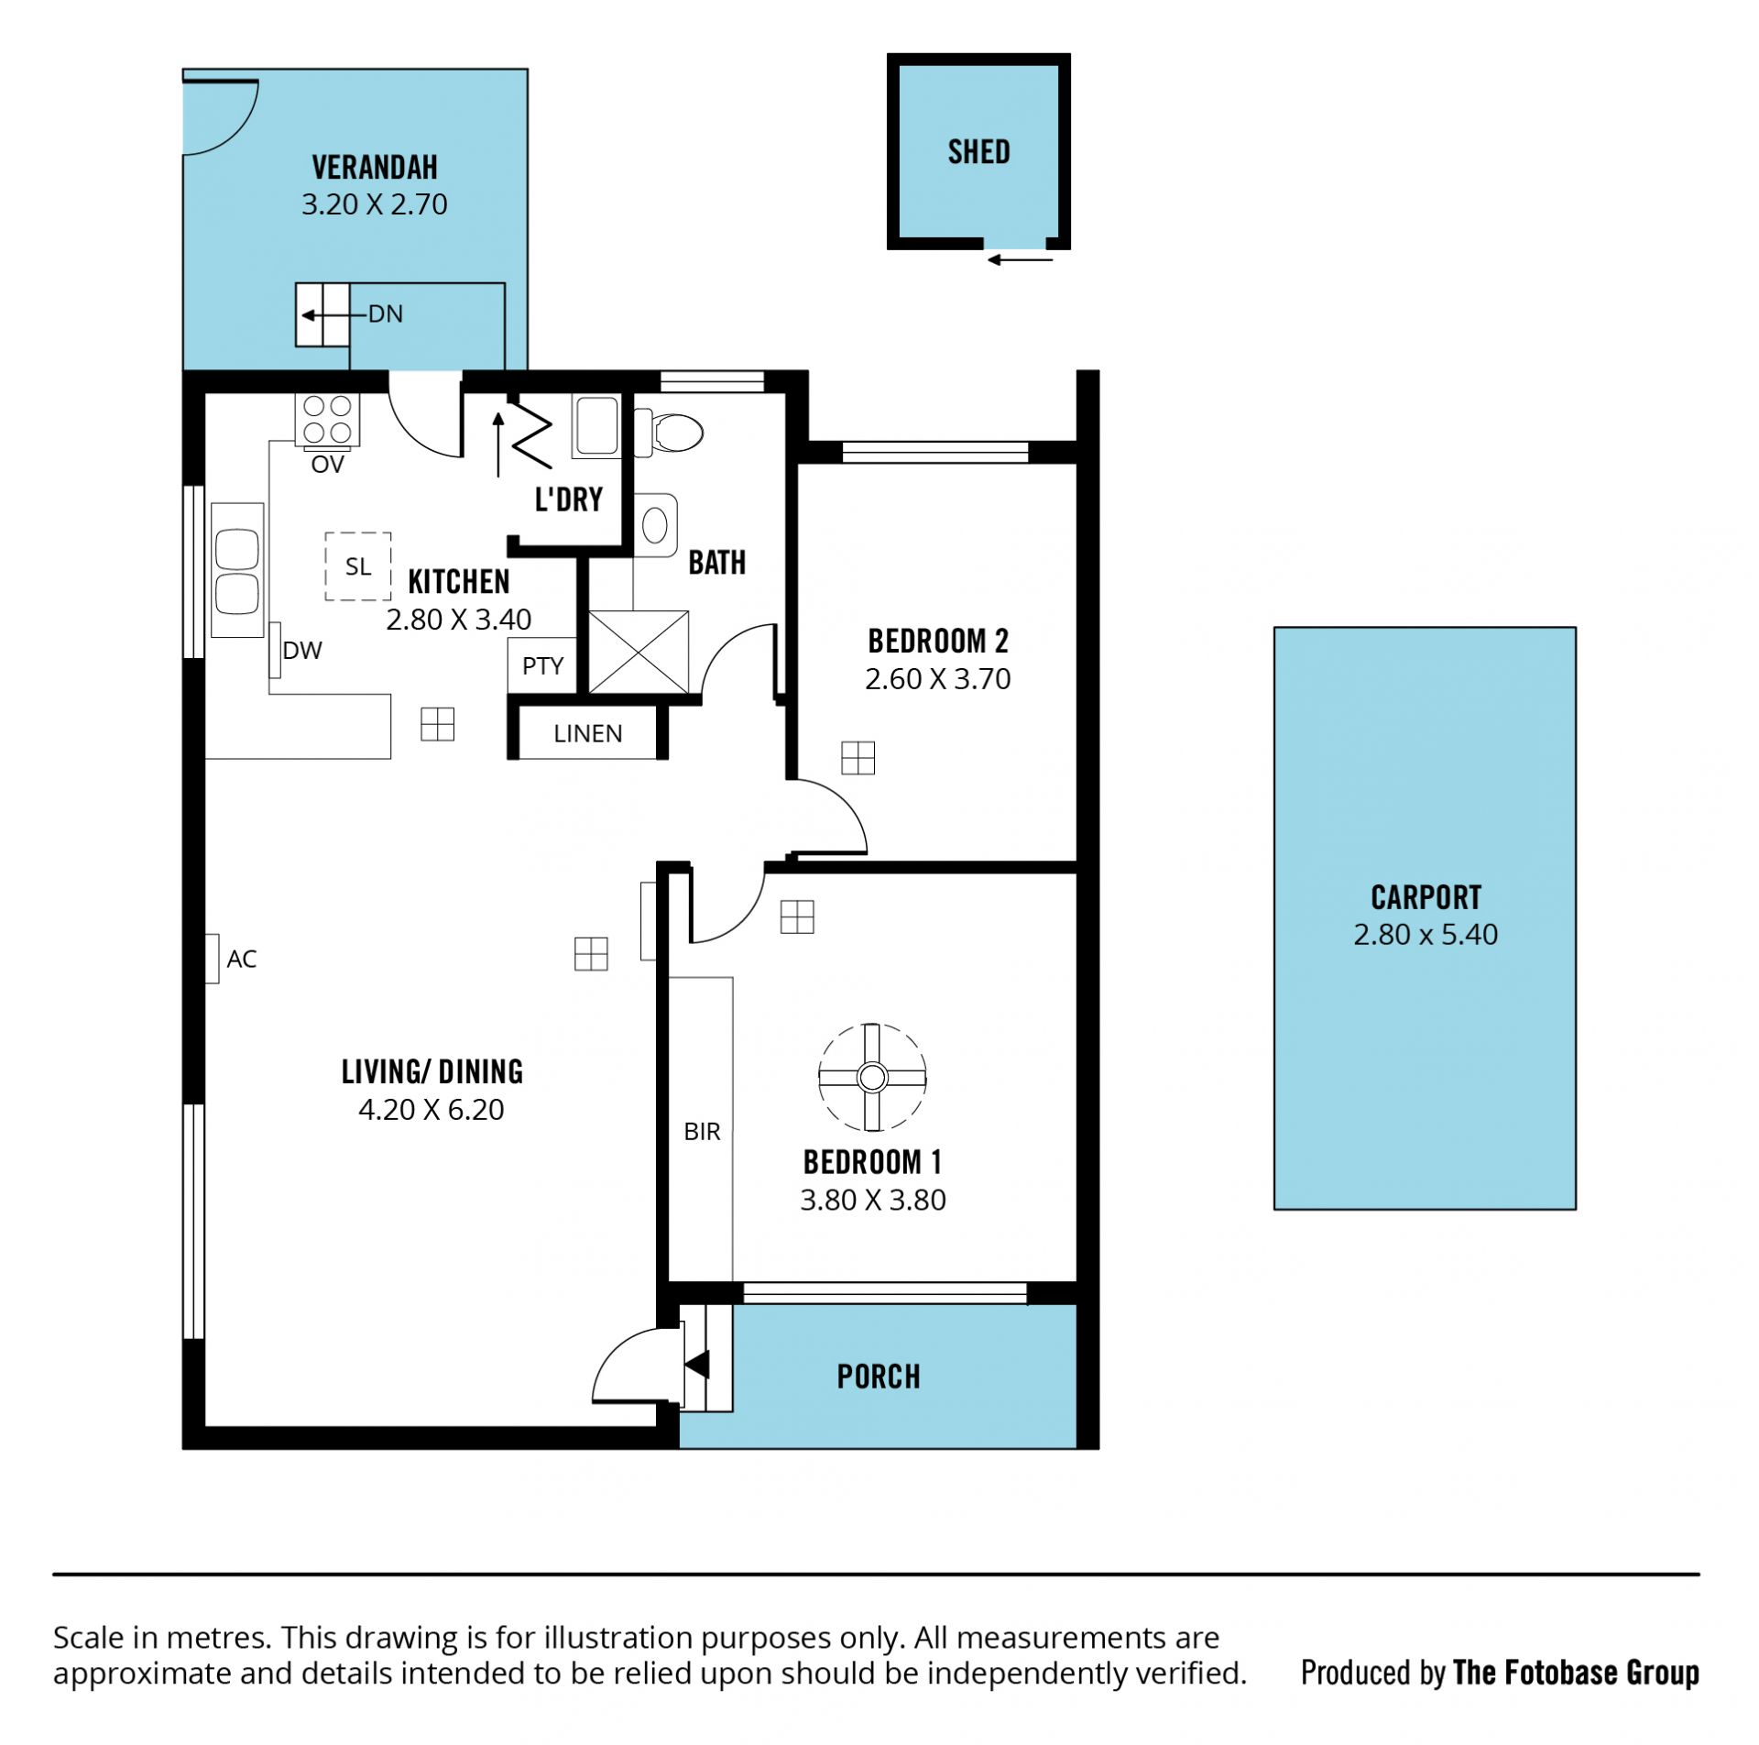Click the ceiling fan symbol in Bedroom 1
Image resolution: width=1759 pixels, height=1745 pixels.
click(872, 1077)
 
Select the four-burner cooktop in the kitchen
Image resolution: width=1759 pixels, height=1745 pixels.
click(327, 419)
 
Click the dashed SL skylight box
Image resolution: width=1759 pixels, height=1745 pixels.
click(358, 566)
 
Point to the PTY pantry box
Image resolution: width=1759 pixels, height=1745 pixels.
click(542, 665)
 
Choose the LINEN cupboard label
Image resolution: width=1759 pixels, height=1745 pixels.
click(588, 733)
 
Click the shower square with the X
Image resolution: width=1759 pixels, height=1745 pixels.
click(639, 652)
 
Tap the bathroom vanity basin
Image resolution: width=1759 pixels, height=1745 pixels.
click(655, 525)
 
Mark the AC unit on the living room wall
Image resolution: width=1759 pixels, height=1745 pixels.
click(212, 959)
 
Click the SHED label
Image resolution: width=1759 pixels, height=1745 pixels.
click(978, 152)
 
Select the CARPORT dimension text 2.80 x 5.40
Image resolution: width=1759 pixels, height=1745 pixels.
click(1426, 935)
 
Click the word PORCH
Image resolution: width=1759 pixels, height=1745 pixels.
click(879, 1377)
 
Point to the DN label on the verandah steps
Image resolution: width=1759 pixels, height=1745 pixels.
click(386, 314)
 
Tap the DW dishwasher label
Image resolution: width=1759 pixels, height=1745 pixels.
click(302, 651)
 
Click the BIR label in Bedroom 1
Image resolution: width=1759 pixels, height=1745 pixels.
click(702, 1132)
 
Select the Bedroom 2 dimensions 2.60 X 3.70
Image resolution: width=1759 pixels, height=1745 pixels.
click(937, 679)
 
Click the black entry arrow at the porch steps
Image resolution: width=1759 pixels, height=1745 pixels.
click(697, 1365)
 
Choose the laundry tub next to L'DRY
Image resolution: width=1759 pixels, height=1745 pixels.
click(596, 425)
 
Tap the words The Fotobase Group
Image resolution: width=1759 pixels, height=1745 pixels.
click(1576, 1673)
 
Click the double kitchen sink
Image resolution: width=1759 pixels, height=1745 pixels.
click(237, 570)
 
